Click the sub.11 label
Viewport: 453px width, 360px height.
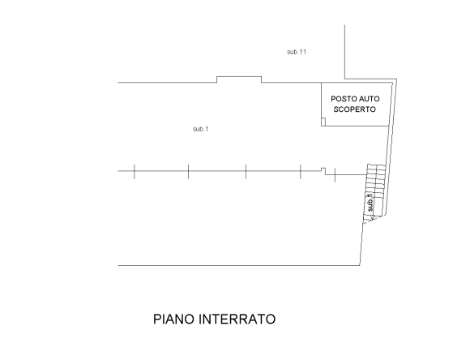tap(297, 52)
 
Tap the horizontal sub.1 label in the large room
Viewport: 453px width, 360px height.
tap(200, 129)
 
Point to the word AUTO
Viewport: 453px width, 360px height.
tap(369, 99)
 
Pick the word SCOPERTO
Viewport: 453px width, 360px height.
tap(355, 109)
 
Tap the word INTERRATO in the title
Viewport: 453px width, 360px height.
tap(237, 319)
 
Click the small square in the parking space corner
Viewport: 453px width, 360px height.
tap(323, 122)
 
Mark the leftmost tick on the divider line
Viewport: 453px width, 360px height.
tap(135, 172)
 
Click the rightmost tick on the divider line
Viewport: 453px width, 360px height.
tap(335, 175)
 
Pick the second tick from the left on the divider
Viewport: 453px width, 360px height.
tap(188, 172)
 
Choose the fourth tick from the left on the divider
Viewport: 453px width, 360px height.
tap(301, 172)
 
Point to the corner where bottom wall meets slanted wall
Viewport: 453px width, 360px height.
tap(360, 265)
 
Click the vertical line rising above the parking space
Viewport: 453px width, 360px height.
tap(344, 52)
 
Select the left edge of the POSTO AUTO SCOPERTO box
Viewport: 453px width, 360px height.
tap(322, 104)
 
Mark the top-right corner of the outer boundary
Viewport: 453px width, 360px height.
tap(396, 79)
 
